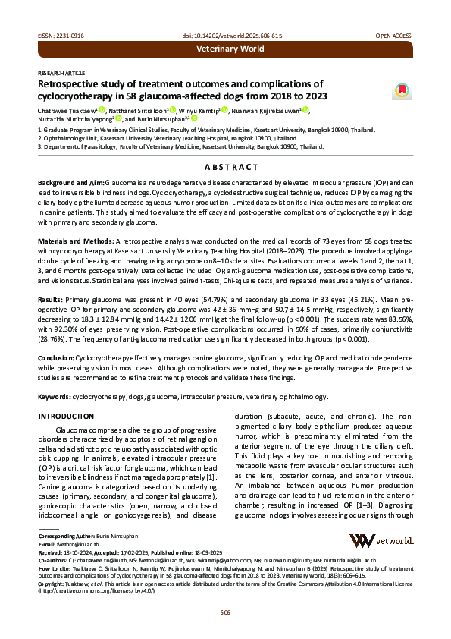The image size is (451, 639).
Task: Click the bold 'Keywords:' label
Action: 55,397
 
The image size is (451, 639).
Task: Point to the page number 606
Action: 225,612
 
